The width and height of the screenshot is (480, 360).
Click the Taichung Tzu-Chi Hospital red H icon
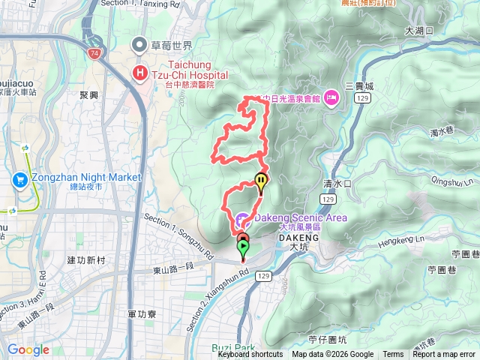[140, 73]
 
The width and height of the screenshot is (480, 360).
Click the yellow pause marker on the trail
[260, 180]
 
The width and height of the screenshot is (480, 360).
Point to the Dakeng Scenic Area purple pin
[241, 220]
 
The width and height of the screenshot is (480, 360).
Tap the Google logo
[28, 349]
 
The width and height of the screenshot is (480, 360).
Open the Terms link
[393, 355]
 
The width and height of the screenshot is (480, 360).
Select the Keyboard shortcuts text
[250, 355]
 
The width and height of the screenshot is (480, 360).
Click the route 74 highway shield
[94, 54]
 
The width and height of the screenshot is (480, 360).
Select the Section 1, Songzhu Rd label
[177, 236]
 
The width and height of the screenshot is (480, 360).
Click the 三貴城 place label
[360, 86]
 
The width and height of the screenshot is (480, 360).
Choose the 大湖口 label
[419, 31]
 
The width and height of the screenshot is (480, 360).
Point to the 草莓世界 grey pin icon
[140, 45]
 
